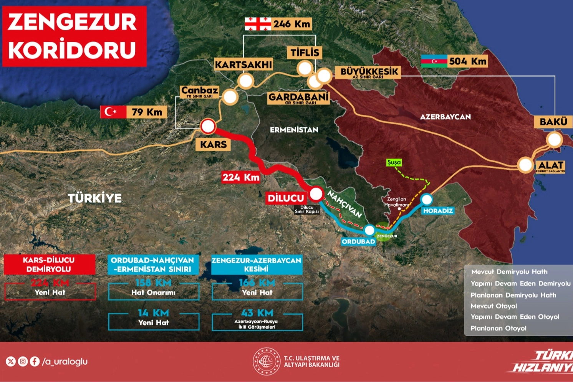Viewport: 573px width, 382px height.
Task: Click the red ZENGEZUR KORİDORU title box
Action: (74, 36)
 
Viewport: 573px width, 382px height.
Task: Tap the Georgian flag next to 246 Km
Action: (258, 24)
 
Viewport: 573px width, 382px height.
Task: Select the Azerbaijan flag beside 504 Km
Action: (434, 61)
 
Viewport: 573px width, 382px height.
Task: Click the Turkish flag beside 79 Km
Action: (113, 112)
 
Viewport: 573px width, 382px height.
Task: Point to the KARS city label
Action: (213, 144)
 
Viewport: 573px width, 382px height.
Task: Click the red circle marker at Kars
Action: (208, 126)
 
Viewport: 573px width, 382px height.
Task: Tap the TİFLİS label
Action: (305, 52)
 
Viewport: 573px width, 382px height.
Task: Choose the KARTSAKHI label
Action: (243, 64)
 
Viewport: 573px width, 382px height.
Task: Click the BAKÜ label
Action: (553, 122)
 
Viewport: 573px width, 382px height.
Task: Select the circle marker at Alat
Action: (525, 165)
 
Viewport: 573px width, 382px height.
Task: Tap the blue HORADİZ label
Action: (438, 210)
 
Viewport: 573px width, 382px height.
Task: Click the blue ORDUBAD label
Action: (358, 241)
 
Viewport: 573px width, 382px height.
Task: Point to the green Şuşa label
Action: (394, 162)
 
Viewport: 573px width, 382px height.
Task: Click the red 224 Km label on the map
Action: (241, 177)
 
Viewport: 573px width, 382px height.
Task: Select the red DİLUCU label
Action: (286, 198)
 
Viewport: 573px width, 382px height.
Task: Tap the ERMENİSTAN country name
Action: (294, 130)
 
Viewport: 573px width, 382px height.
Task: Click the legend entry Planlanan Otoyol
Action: (498, 328)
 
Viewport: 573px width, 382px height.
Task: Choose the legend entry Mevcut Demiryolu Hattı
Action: (509, 272)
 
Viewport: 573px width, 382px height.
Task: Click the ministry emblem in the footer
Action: (266, 361)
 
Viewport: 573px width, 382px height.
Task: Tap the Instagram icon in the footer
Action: (23, 361)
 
